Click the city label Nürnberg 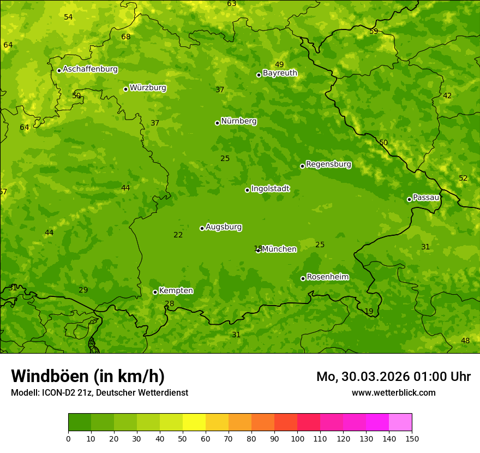pyautogui.click(x=238, y=121)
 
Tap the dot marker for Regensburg pyautogui.click(x=302, y=166)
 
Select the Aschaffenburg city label pyautogui.click(x=90, y=69)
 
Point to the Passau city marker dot pyautogui.click(x=409, y=199)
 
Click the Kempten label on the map pyautogui.click(x=176, y=291)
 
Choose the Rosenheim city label pyautogui.click(x=327, y=277)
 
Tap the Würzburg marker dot pyautogui.click(x=125, y=89)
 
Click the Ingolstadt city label pyautogui.click(x=270, y=189)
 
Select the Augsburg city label pyautogui.click(x=223, y=227)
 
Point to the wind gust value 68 pyautogui.click(x=126, y=37)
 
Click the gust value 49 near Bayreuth pyautogui.click(x=279, y=65)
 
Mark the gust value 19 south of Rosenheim pyautogui.click(x=369, y=312)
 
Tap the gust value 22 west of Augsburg pyautogui.click(x=178, y=235)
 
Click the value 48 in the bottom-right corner pyautogui.click(x=465, y=341)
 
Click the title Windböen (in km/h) pyautogui.click(x=88, y=376)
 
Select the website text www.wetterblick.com pyautogui.click(x=393, y=392)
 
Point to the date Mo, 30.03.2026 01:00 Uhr pyautogui.click(x=393, y=377)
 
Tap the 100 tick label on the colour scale pyautogui.click(x=297, y=438)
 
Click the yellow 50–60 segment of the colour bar pyautogui.click(x=194, y=422)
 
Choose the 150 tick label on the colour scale pyautogui.click(x=412, y=438)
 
